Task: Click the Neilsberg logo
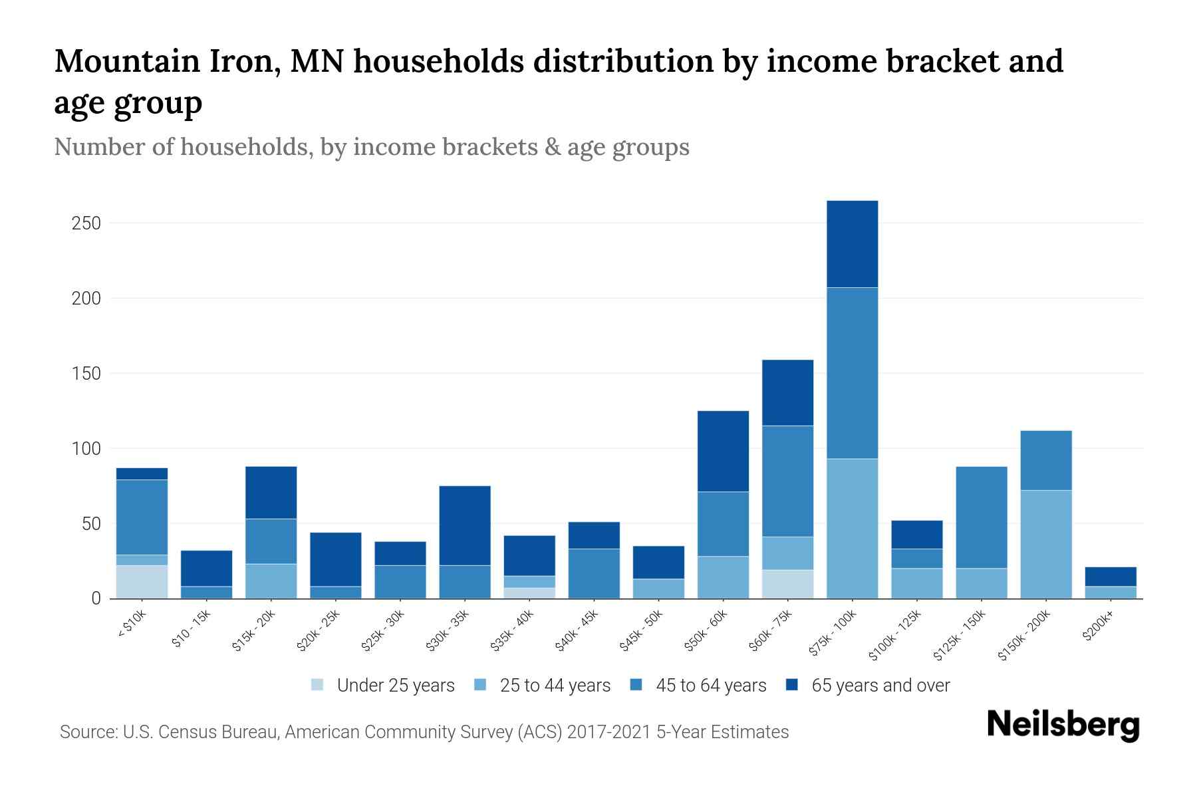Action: point(1063,725)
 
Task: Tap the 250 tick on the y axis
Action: point(86,223)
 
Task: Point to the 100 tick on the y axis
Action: point(86,449)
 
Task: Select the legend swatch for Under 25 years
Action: point(318,685)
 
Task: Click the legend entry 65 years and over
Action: point(880,685)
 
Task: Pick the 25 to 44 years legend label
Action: point(555,685)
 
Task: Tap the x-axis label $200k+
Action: point(1098,628)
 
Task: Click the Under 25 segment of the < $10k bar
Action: point(142,582)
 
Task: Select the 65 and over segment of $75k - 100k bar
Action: point(852,244)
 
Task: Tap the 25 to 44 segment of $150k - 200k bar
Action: point(1045,544)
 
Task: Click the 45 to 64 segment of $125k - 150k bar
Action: point(981,517)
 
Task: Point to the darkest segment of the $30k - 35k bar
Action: point(465,525)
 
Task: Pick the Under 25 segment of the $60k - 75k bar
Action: point(787,584)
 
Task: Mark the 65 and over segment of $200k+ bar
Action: point(1110,577)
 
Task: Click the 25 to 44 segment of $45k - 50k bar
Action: point(658,589)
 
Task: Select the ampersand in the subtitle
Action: point(551,147)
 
